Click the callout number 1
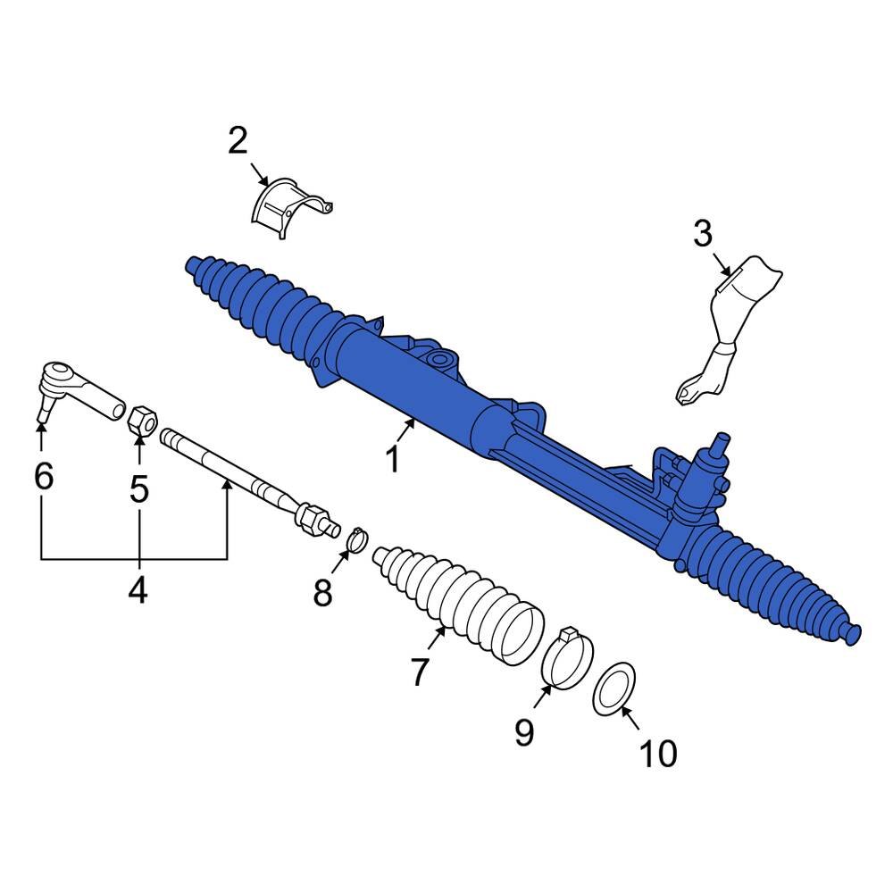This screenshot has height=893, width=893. pos(392,461)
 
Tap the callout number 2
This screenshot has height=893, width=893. pos(238,141)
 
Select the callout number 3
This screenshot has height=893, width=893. pos(703,235)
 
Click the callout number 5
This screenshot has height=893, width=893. pos(138,489)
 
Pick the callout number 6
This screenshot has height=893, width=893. pos(43,476)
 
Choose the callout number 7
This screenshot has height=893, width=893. pos(421,672)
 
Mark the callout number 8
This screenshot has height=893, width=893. pos(322,591)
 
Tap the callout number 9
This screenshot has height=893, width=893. pos(523,732)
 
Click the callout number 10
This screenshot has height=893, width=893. pos(658,755)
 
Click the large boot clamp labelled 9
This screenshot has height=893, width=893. pos(567,659)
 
